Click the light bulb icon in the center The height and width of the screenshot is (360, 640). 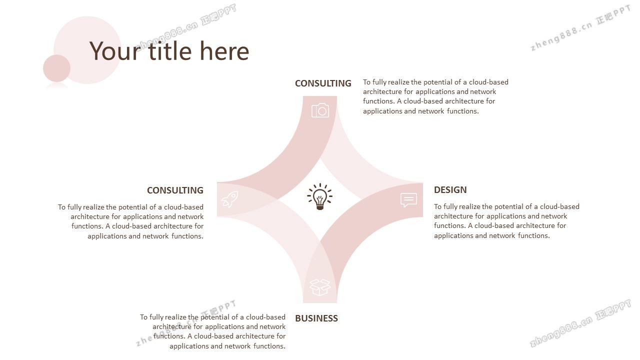[x=319, y=196]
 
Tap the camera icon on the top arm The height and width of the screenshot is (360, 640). [x=320, y=110]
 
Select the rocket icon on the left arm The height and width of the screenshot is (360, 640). [x=229, y=199]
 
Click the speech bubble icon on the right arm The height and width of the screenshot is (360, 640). [x=408, y=200]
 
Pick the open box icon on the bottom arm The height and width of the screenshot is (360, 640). [x=320, y=287]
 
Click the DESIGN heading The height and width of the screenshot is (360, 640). [x=450, y=189]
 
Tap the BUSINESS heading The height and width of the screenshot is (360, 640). [x=316, y=318]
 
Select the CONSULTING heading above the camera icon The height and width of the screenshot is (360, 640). [x=323, y=83]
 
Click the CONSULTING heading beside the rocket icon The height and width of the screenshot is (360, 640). [x=175, y=190]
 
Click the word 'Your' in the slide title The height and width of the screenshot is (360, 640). [x=115, y=51]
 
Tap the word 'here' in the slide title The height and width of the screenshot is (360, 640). [x=224, y=51]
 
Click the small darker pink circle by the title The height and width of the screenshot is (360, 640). [x=57, y=68]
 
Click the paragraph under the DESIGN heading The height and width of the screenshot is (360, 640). [x=506, y=221]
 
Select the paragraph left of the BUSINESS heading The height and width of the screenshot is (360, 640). [x=212, y=331]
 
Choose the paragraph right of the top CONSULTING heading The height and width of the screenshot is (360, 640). [x=435, y=96]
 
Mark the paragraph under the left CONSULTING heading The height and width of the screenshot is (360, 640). [x=130, y=221]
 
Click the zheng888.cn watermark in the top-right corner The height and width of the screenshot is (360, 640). [x=580, y=28]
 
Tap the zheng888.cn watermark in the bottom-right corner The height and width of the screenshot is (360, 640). [x=580, y=323]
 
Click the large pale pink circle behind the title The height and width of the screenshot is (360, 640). [x=87, y=50]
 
